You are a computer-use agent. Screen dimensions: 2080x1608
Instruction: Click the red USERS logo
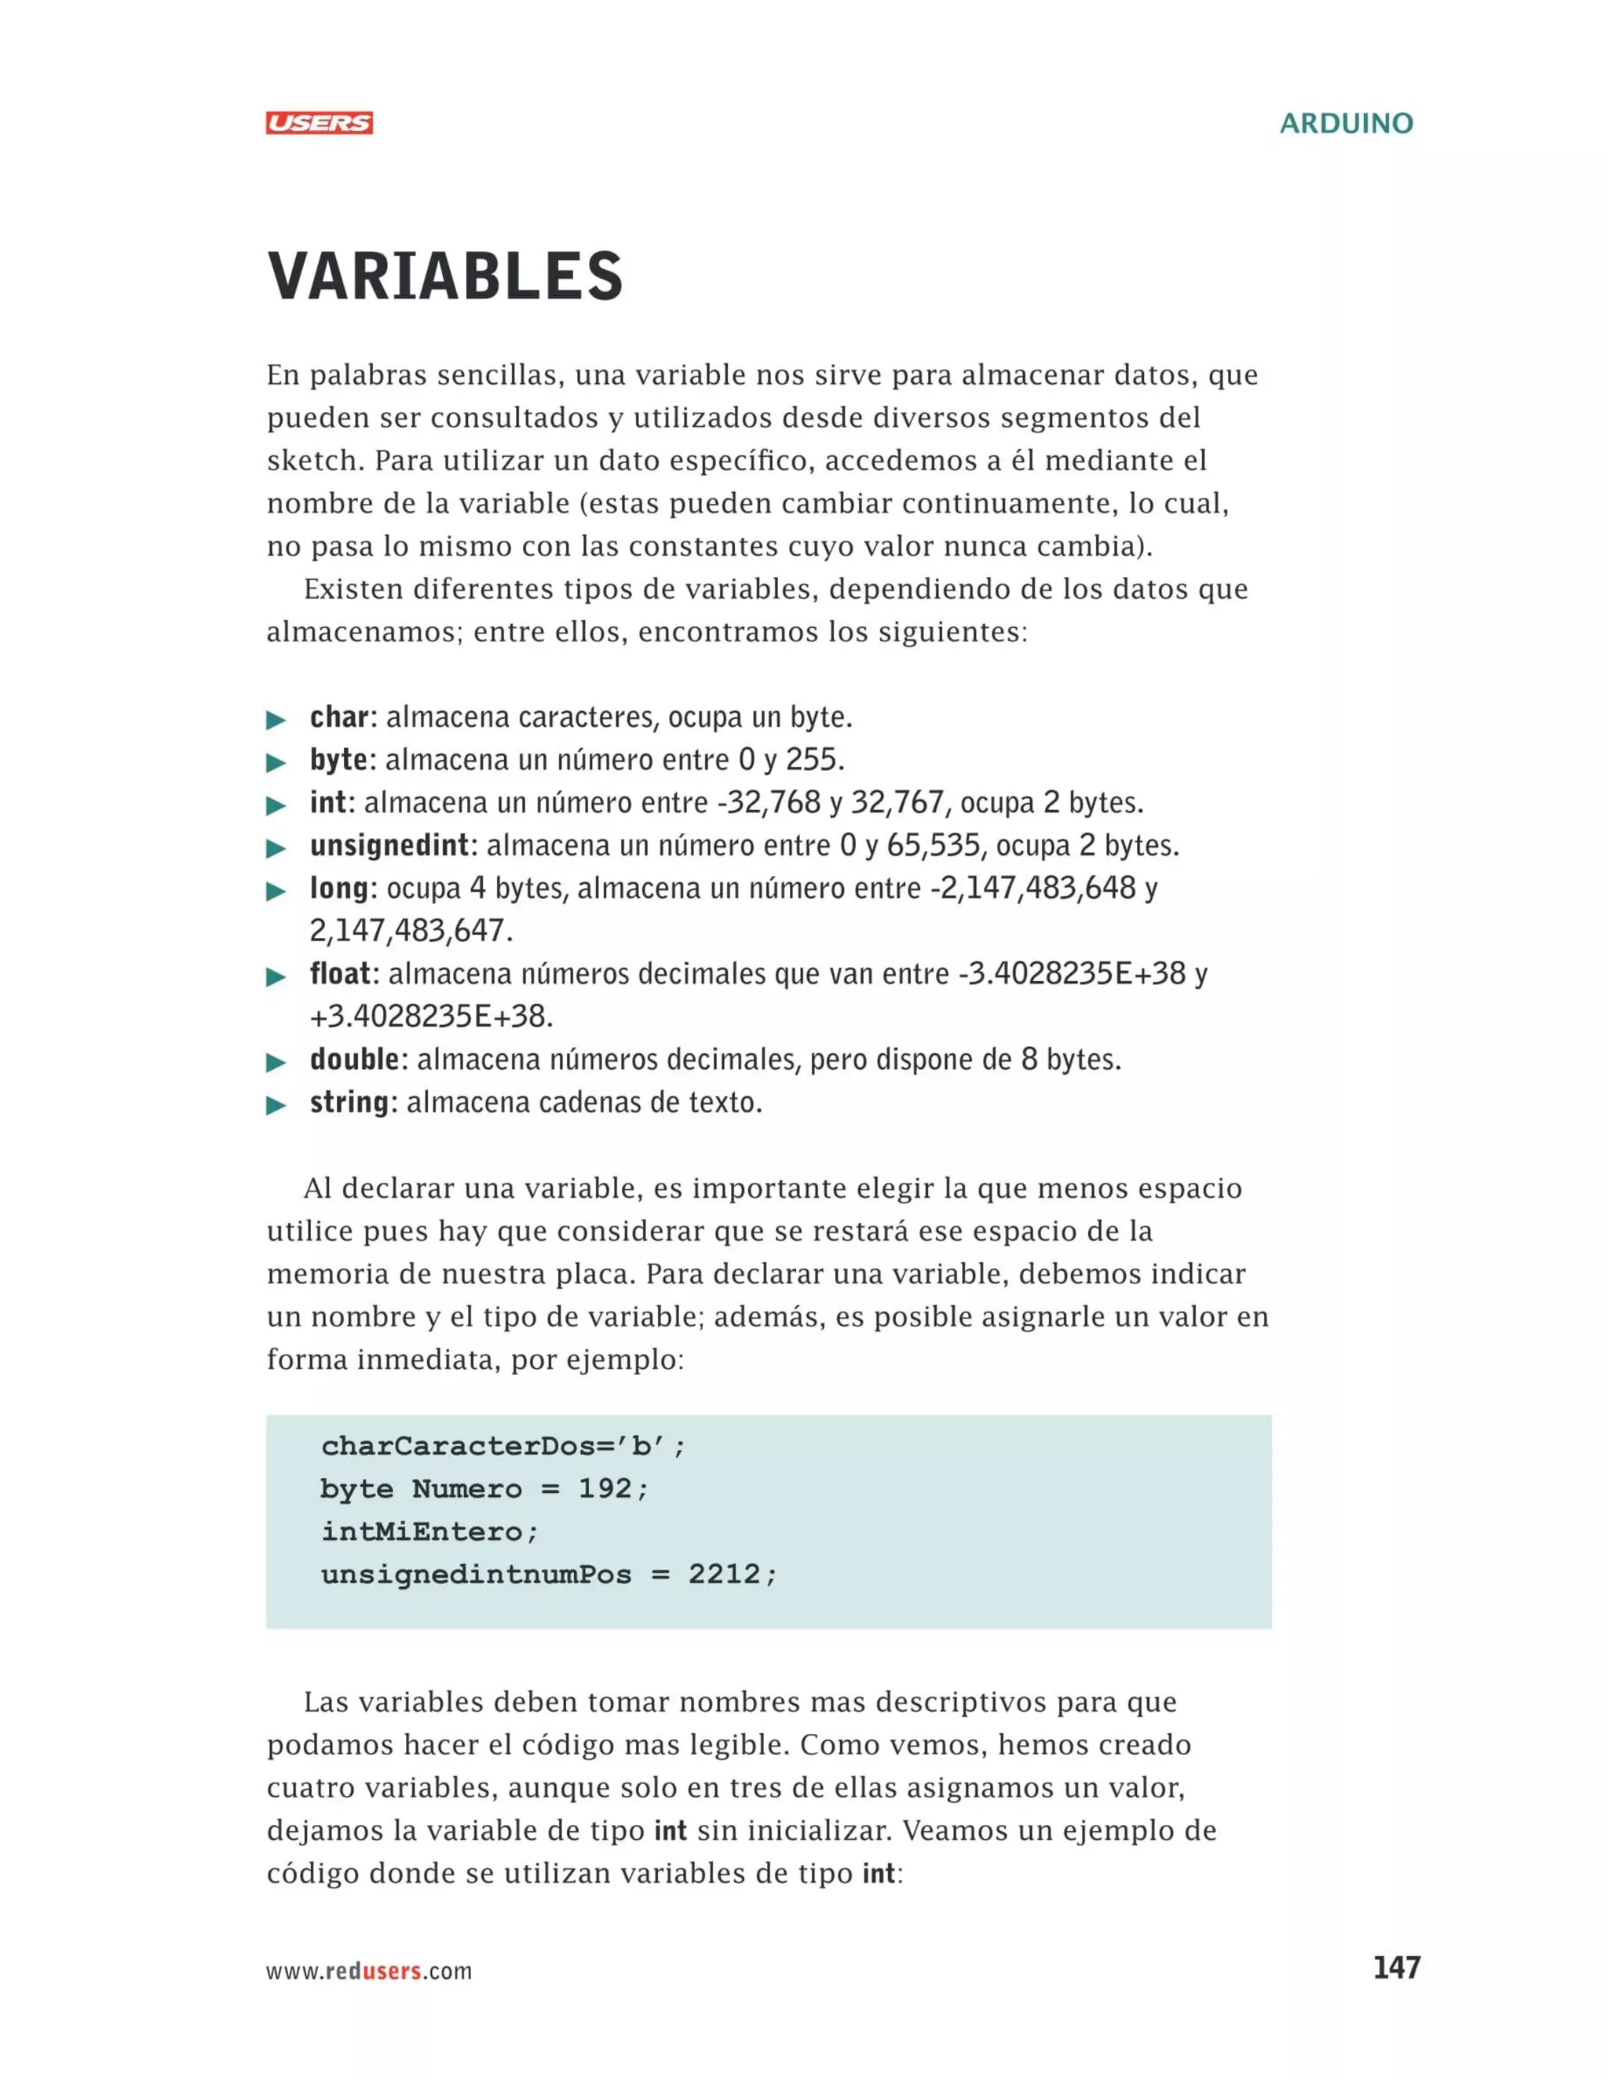point(319,123)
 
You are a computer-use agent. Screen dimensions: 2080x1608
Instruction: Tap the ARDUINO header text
point(1345,124)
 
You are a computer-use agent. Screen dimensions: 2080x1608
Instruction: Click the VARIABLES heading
point(445,277)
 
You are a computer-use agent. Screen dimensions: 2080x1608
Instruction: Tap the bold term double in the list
point(354,1060)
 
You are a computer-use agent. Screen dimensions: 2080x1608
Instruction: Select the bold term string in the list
point(349,1103)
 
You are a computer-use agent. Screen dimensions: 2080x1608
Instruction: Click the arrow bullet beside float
point(276,977)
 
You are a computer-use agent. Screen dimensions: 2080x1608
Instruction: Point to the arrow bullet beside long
point(276,892)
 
